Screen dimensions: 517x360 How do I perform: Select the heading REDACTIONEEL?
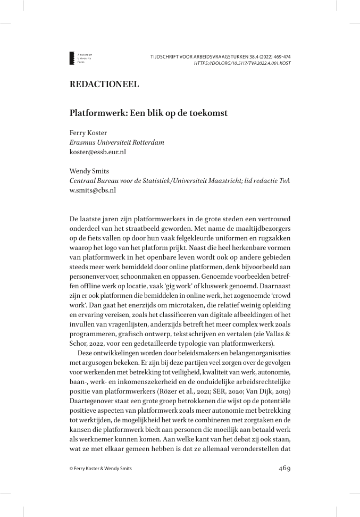coord(104,84)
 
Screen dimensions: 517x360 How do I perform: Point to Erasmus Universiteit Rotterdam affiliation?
coord(117,143)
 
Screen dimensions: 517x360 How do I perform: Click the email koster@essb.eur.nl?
coord(98,152)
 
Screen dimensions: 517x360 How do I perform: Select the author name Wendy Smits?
coord(89,171)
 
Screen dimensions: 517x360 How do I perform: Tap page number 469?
coord(284,469)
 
